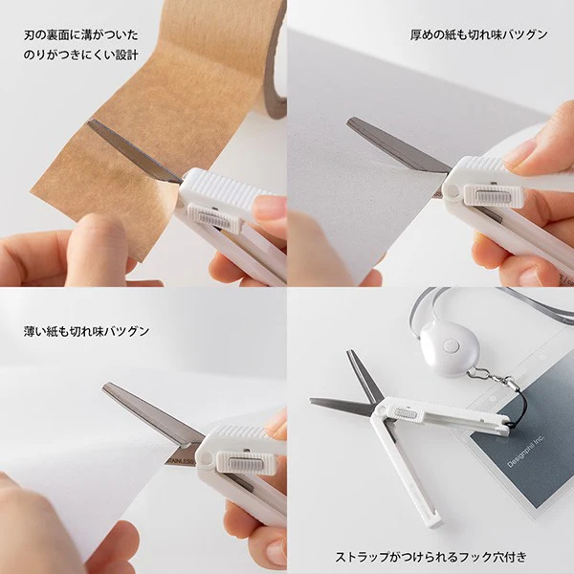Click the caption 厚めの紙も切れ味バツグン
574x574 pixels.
478,34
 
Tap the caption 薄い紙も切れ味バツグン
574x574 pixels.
86,331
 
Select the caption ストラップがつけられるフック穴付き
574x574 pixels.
430,557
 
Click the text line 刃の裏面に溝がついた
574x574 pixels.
81,35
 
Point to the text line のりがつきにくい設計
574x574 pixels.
81,55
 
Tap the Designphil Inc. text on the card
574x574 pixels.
526,452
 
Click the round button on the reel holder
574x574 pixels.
451,345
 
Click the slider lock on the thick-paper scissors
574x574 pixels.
494,196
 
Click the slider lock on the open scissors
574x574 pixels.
406,414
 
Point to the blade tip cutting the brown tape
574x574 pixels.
91,122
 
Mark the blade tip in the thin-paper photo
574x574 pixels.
106,386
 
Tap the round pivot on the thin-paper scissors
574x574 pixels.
205,458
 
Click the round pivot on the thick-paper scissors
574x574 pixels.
452,190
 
